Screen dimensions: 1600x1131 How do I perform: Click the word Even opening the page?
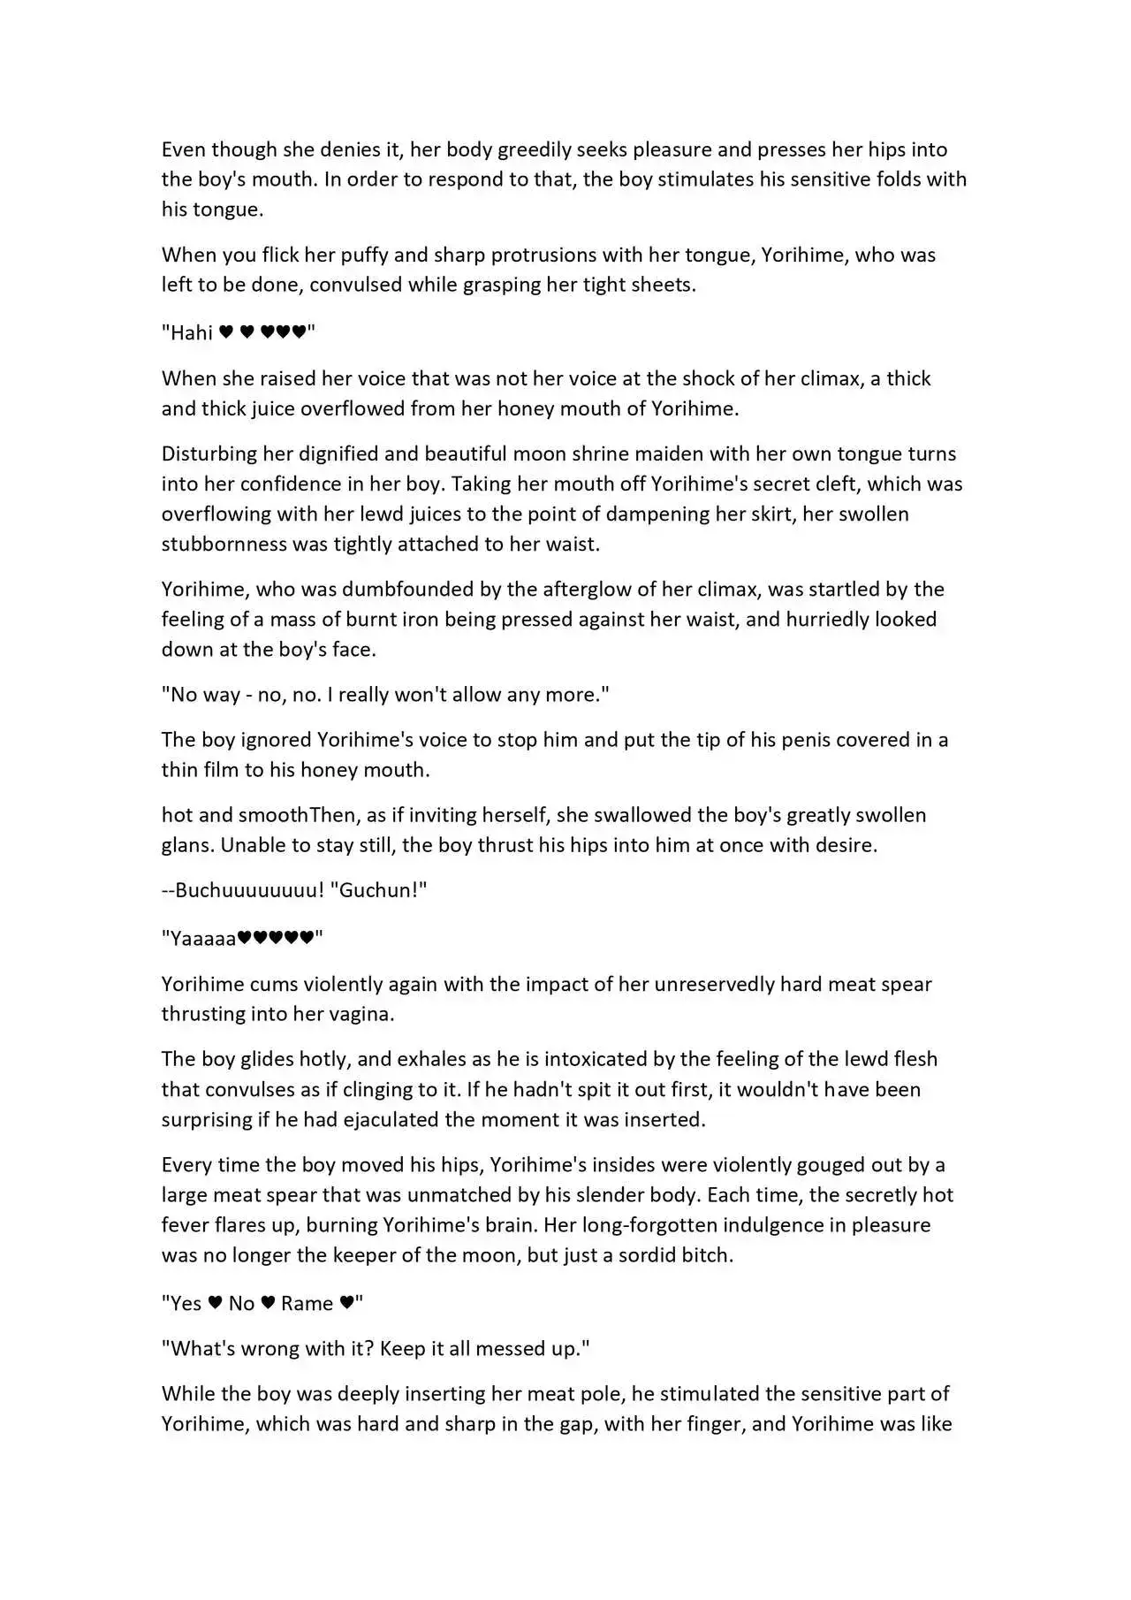click(183, 149)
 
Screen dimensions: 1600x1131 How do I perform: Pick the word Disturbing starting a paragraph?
click(209, 454)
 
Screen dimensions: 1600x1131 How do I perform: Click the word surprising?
click(206, 1120)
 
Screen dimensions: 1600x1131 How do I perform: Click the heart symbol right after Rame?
click(347, 1303)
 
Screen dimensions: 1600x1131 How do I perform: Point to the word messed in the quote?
click(513, 1349)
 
